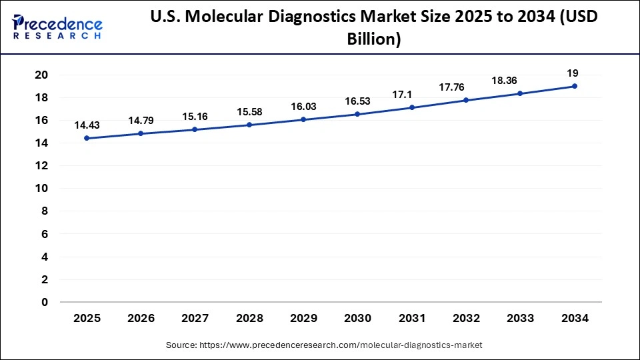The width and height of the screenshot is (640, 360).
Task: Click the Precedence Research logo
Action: click(x=57, y=27)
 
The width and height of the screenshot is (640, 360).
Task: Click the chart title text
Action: click(x=373, y=28)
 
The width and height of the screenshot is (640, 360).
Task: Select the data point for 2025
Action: click(x=87, y=138)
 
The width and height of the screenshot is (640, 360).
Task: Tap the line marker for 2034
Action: click(x=574, y=86)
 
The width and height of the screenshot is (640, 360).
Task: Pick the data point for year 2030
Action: click(x=357, y=114)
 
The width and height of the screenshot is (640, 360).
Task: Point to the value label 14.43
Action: click(x=87, y=125)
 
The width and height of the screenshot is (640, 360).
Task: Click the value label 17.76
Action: click(x=465, y=87)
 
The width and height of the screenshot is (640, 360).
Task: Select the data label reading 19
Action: click(x=574, y=73)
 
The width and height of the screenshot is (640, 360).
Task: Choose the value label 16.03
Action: click(x=303, y=106)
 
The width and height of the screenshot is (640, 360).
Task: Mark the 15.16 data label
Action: click(x=195, y=116)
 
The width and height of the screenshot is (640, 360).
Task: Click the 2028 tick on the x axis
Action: click(x=249, y=319)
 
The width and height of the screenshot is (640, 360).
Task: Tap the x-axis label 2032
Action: click(x=465, y=319)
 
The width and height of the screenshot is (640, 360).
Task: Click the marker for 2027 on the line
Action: click(x=195, y=129)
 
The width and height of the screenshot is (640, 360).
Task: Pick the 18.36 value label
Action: click(x=520, y=80)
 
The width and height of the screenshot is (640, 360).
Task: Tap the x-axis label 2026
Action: click(x=141, y=319)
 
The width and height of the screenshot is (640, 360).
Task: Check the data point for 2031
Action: click(x=411, y=107)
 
